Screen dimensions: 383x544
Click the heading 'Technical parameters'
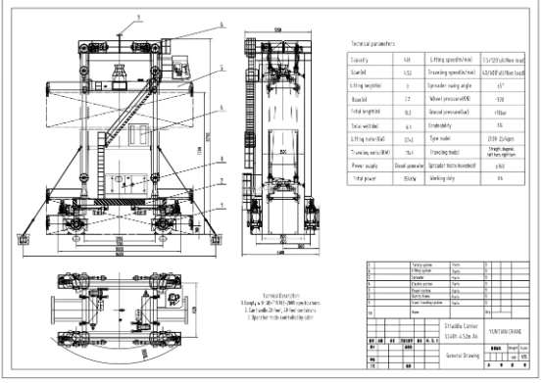tap(373, 45)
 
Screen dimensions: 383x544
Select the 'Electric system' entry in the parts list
tap(396, 283)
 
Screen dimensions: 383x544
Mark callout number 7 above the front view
tap(138, 18)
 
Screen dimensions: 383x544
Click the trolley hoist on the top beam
tap(122, 74)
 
